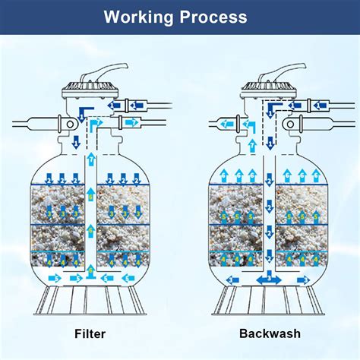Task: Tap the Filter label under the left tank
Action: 90,333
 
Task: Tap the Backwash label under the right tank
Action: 270,333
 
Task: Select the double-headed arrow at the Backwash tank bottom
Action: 269,279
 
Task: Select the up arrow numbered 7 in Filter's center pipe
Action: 90,158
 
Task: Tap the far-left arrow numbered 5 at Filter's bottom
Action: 47,277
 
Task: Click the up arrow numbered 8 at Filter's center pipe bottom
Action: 90,267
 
